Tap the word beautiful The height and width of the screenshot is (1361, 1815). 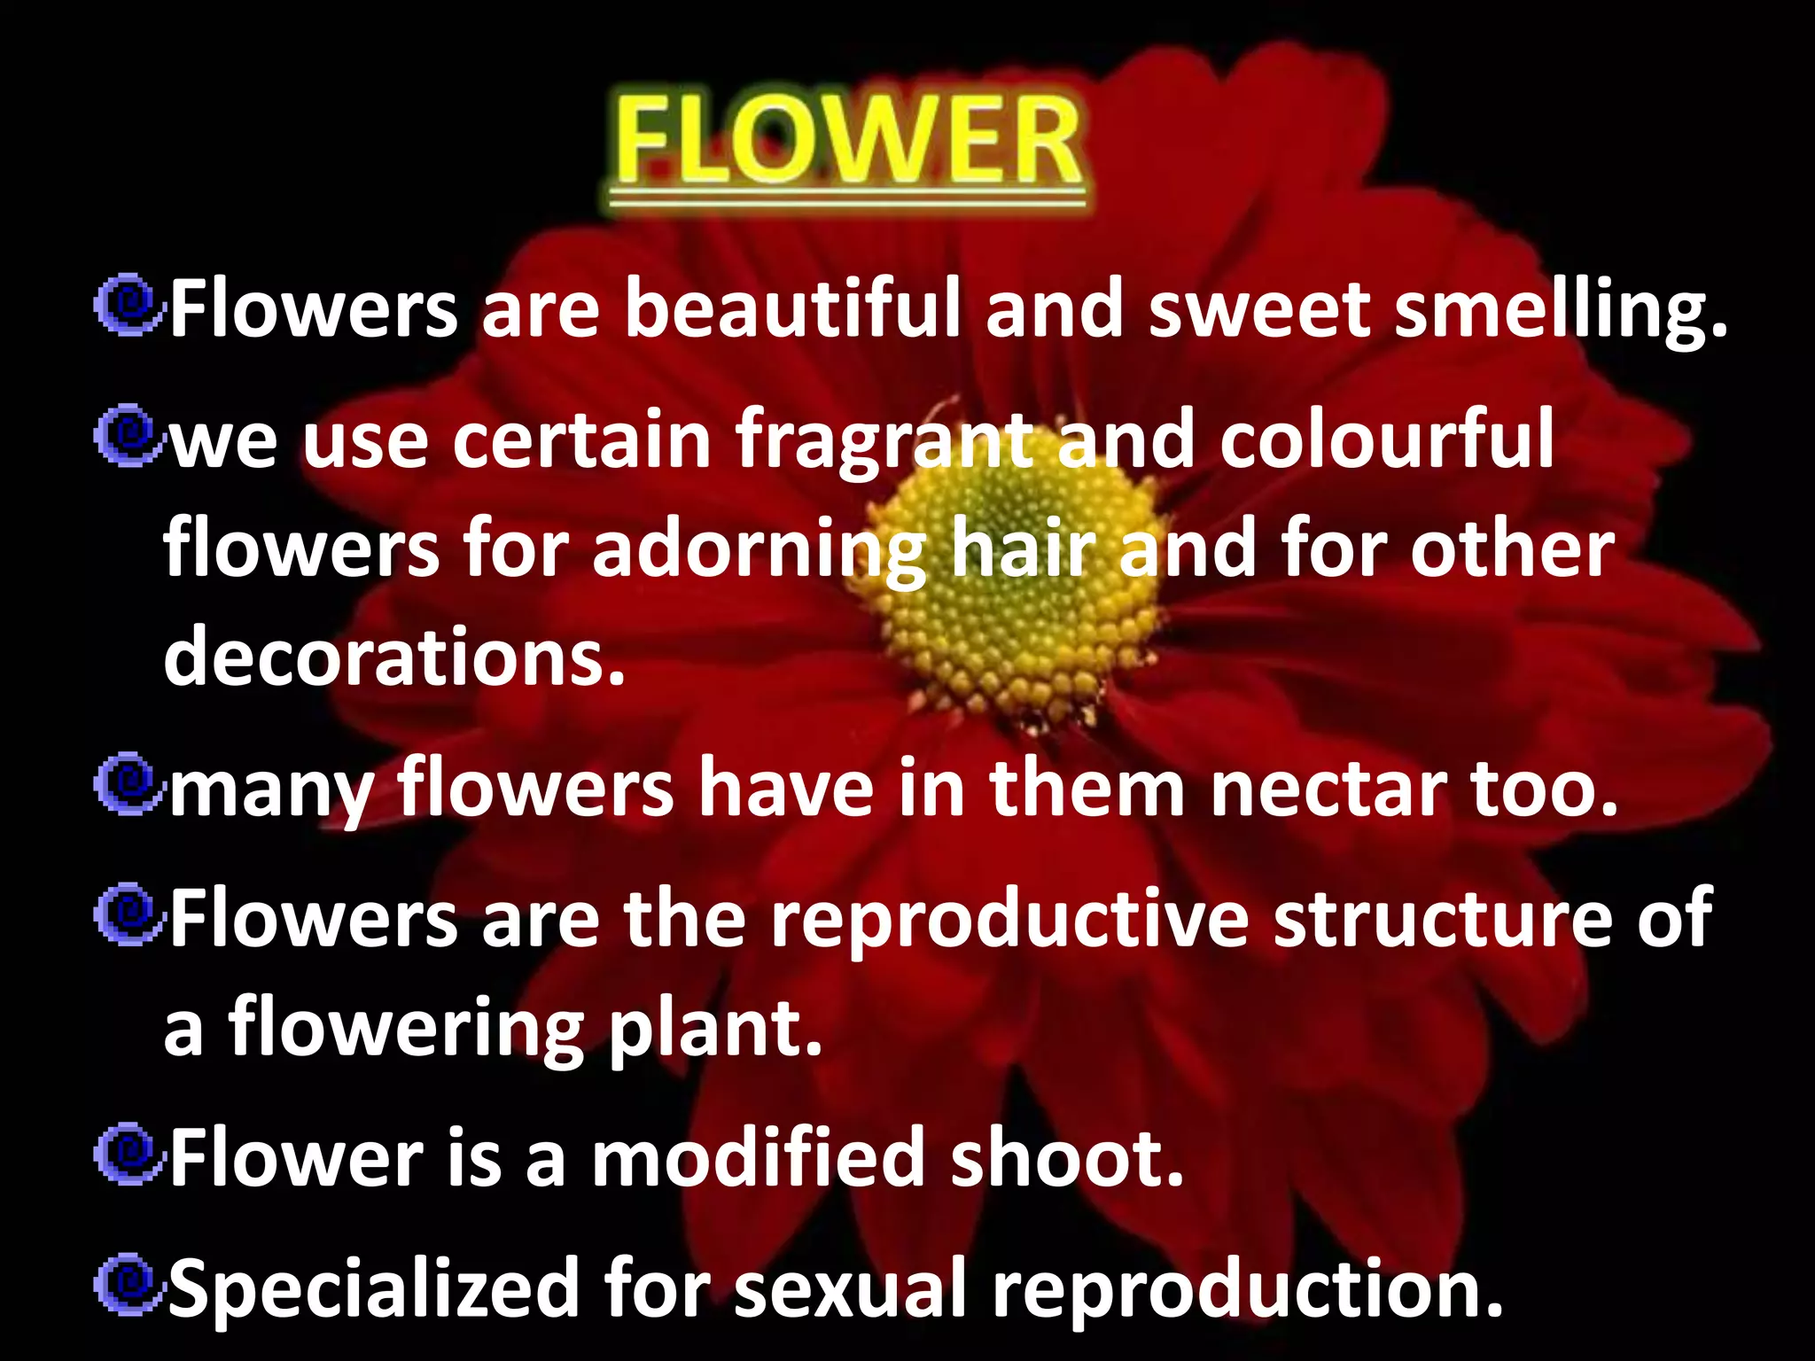(792, 308)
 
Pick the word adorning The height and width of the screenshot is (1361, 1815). (759, 552)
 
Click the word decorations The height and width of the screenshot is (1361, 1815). (394, 657)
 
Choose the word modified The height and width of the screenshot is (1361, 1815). (758, 1157)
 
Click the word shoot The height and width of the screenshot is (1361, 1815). (1067, 1157)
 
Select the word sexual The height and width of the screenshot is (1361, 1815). (849, 1287)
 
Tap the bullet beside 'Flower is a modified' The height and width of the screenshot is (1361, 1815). (129, 1154)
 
